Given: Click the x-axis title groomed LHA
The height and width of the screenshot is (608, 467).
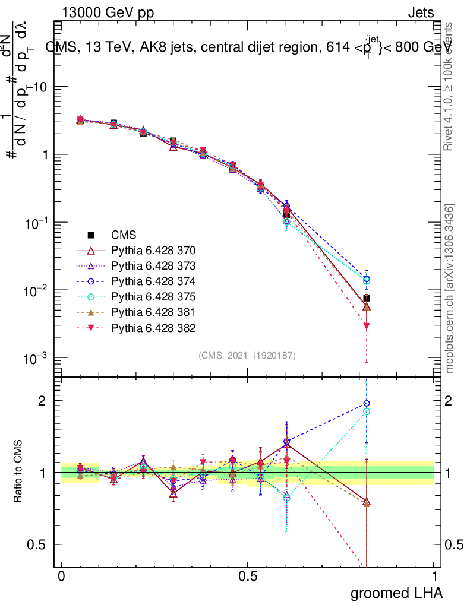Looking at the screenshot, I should tap(396, 593).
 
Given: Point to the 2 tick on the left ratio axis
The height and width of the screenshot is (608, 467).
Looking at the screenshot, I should tap(42, 401).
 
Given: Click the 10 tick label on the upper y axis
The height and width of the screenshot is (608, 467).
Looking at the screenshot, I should tap(39, 87).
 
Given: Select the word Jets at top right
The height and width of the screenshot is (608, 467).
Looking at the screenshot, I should tap(420, 13).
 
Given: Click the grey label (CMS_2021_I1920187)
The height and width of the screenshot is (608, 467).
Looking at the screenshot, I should tap(247, 355).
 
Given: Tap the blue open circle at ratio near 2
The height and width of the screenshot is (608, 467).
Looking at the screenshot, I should tap(367, 404).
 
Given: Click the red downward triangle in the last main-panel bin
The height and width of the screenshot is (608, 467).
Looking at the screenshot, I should tap(367, 326).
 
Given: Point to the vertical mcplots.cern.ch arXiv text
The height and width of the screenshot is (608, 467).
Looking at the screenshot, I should tap(450, 289).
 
